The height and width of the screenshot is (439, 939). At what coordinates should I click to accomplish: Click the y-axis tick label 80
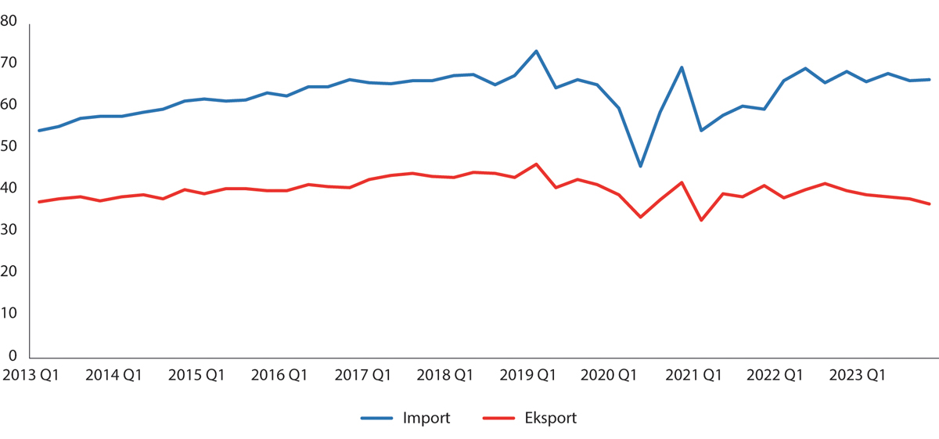click(x=10, y=21)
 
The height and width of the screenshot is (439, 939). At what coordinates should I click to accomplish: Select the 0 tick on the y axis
click(x=14, y=354)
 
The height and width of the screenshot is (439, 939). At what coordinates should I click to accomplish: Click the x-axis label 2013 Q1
click(x=31, y=375)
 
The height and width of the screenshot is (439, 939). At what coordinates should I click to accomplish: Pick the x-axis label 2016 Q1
click(x=279, y=375)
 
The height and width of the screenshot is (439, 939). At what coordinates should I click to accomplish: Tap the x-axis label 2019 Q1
click(x=528, y=375)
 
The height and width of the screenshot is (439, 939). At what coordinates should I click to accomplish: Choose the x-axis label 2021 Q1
click(x=694, y=375)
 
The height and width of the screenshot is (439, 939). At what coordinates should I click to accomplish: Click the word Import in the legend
click(x=426, y=418)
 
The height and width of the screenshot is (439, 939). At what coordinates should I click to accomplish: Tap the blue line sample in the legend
click(x=377, y=418)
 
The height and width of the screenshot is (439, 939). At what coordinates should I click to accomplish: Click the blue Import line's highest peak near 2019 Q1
click(x=536, y=51)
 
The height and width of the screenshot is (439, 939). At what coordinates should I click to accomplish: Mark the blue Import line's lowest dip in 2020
click(x=640, y=167)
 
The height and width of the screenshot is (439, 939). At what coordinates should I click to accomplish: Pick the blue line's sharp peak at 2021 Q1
click(x=682, y=67)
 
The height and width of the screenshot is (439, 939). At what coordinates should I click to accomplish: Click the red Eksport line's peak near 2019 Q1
click(x=536, y=164)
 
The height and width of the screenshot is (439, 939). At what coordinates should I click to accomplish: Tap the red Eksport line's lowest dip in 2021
click(x=702, y=221)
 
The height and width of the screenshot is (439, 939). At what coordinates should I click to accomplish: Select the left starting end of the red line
click(x=39, y=202)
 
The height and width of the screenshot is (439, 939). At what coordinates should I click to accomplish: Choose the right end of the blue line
click(x=929, y=79)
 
